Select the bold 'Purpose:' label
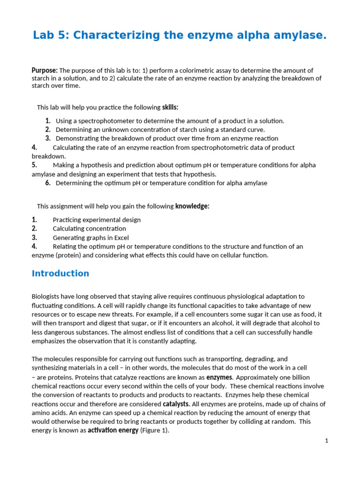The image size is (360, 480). (45, 70)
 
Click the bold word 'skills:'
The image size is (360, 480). (170, 107)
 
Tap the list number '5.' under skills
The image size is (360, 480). (35, 165)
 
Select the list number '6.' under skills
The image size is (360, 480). (48, 183)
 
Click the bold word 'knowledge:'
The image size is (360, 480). (192, 206)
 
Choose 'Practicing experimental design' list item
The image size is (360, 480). (97, 220)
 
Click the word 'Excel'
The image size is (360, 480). (120, 238)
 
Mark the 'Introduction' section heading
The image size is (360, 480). (60, 273)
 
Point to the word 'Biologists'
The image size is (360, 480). (47, 297)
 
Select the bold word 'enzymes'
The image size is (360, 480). (219, 377)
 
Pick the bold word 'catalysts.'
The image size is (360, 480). (176, 404)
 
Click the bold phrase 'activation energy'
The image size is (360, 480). (113, 430)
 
